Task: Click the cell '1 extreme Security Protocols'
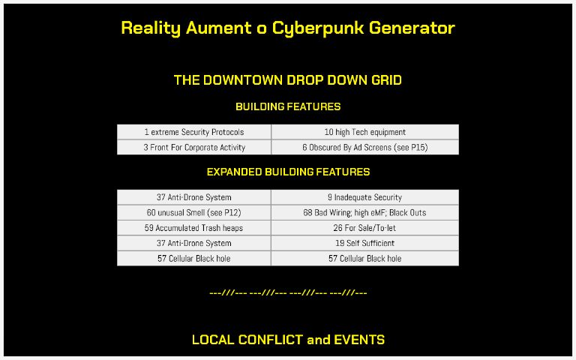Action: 194,132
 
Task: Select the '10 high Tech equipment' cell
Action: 364,132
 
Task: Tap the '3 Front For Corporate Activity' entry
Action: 194,148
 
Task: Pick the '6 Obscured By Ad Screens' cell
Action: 364,148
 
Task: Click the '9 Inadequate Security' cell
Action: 364,197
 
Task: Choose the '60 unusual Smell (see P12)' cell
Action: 194,213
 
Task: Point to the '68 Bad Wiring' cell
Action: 364,213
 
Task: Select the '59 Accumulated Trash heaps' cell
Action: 194,228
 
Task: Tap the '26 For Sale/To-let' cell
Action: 364,228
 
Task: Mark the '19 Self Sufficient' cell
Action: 364,243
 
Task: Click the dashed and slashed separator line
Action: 288,292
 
